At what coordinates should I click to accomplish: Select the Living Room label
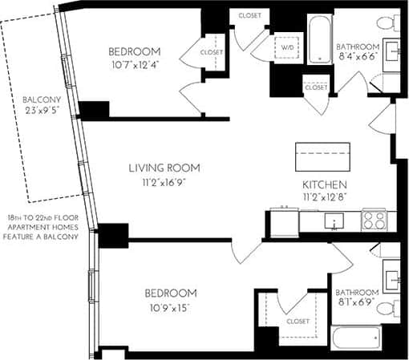click(x=164, y=168)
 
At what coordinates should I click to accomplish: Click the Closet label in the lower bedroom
click(x=297, y=322)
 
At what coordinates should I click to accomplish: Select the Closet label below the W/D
click(x=316, y=87)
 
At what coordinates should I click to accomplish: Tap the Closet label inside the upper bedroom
click(x=212, y=52)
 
